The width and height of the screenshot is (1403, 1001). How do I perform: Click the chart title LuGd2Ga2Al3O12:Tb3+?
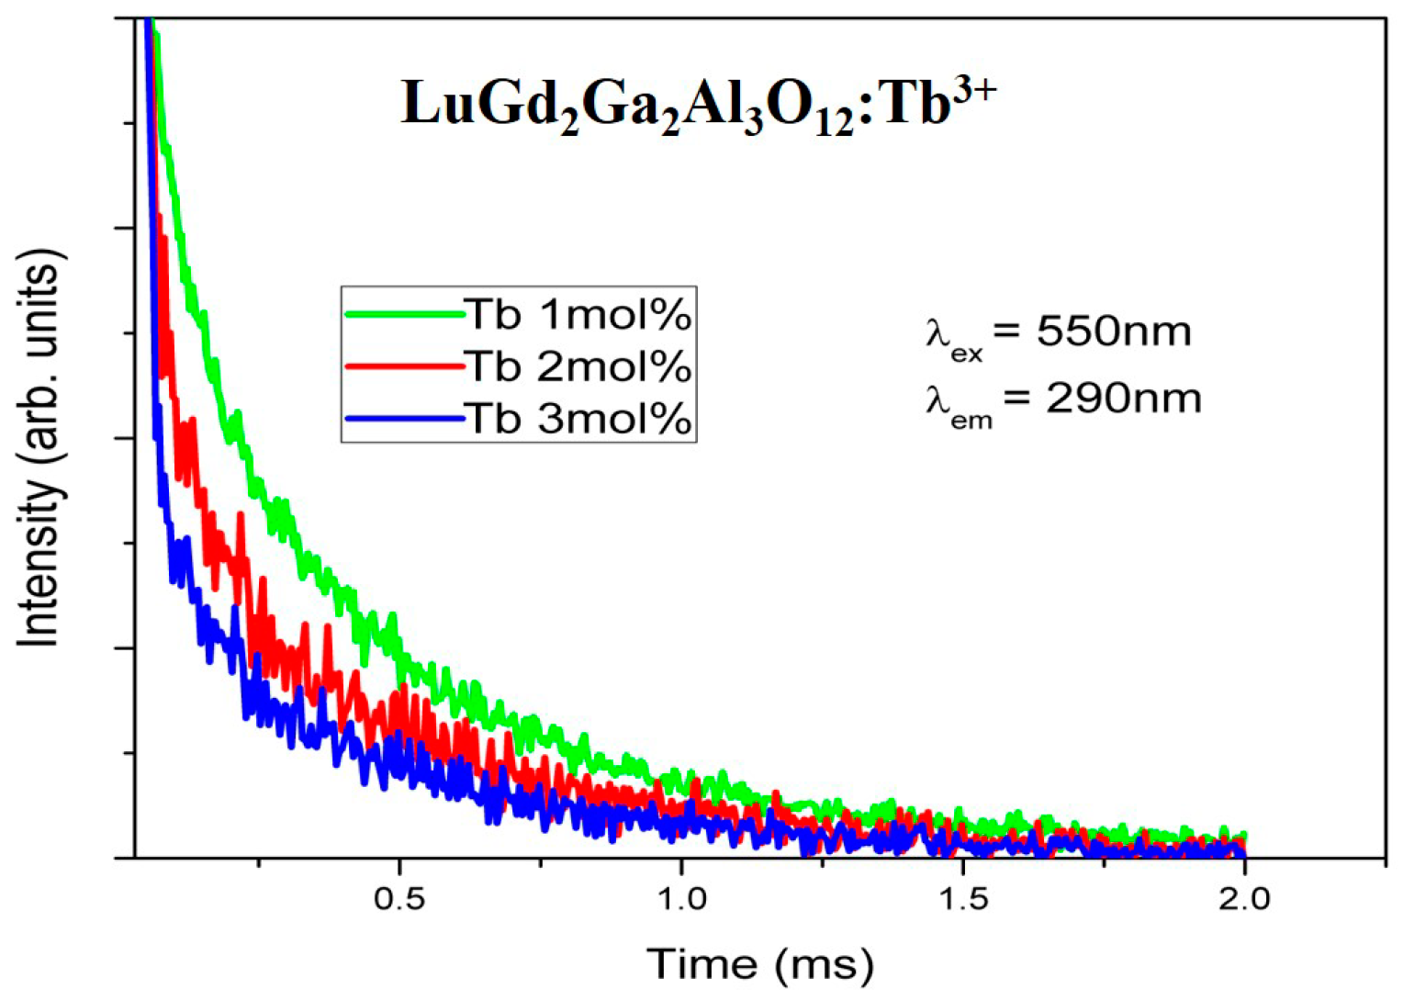(698, 104)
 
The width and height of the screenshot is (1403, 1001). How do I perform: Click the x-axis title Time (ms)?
(759, 963)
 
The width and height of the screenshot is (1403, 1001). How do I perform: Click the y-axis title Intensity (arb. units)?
(40, 447)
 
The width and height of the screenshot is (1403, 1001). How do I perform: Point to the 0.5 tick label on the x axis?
(399, 897)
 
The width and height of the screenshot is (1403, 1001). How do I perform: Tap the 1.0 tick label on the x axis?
(680, 897)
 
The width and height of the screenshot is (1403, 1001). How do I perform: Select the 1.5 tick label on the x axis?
(962, 897)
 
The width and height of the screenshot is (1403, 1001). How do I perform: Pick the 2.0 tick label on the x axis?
(1243, 897)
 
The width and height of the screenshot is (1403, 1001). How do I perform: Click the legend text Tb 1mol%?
(578, 314)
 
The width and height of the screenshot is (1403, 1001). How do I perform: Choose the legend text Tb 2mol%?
(578, 366)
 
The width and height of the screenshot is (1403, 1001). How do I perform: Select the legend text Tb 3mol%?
(578, 419)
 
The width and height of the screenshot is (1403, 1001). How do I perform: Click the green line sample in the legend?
(404, 314)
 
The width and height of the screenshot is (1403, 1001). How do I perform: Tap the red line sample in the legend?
(404, 366)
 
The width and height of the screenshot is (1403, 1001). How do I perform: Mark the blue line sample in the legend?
(404, 420)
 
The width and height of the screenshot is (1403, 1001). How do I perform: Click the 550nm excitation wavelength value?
(1114, 331)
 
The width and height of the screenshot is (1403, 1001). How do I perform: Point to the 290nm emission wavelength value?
(1123, 399)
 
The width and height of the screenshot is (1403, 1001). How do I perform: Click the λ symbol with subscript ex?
(950, 336)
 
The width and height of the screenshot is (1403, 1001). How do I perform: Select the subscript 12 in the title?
(834, 122)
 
